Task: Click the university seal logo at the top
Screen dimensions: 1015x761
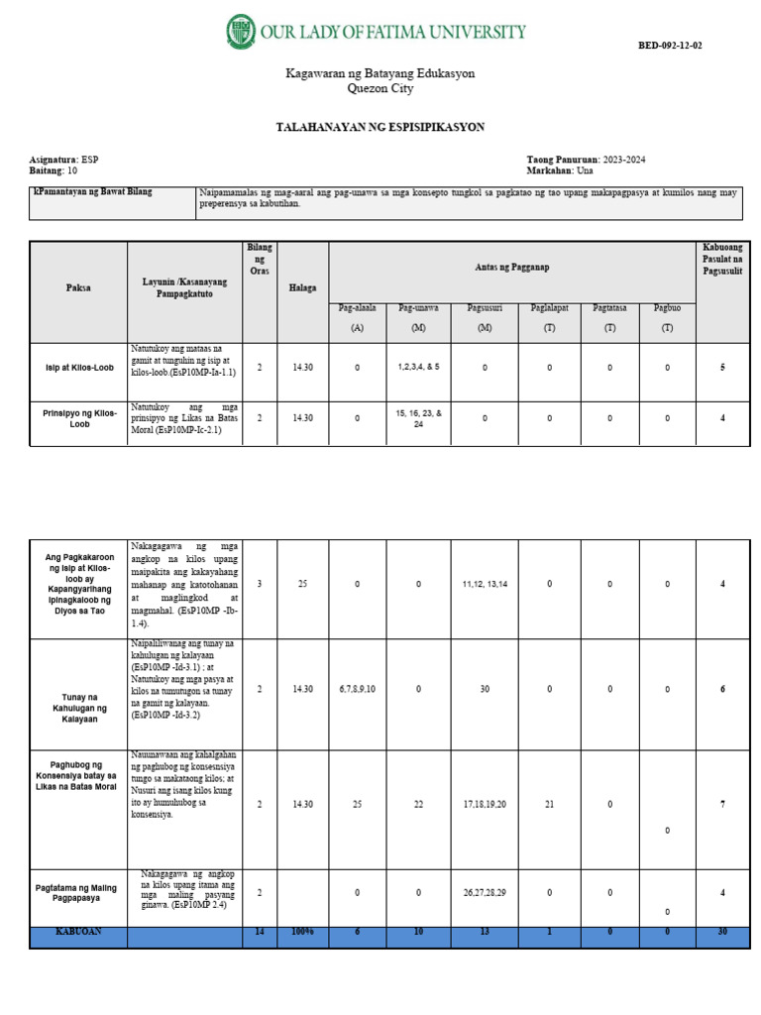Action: coord(241,32)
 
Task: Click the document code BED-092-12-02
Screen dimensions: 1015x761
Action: coord(669,46)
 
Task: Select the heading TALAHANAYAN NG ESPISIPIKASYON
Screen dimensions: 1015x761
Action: coord(380,127)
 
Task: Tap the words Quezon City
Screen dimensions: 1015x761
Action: coord(380,88)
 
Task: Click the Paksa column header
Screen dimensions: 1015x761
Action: coord(78,287)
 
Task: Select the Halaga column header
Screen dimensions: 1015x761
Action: coord(302,287)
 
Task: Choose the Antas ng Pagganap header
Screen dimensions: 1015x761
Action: coord(511,268)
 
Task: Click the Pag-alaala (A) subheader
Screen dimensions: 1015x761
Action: coord(357,317)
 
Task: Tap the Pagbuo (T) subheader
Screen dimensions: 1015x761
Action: coord(667,317)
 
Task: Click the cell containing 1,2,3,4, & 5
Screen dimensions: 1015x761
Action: coord(418,367)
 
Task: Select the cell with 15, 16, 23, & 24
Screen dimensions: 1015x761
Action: coord(418,417)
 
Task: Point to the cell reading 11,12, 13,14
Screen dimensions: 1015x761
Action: coord(485,584)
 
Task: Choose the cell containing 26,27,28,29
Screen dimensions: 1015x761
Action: coord(485,893)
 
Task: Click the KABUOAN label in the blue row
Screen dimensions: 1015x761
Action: coord(78,933)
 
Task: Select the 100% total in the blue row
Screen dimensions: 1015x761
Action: coord(302,933)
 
